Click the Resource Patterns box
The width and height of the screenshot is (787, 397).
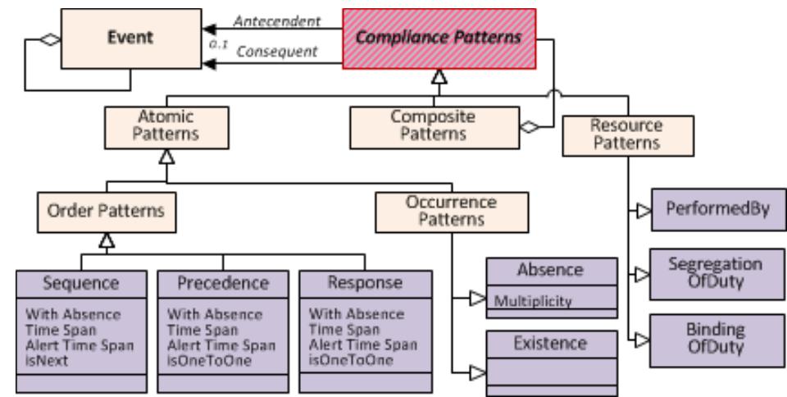point(625,135)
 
